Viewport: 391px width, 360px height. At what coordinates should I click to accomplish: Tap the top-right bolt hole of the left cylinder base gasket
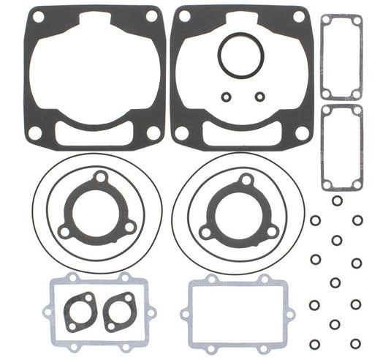[x=151, y=16]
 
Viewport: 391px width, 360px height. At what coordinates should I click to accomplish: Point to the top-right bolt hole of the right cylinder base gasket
[x=298, y=16]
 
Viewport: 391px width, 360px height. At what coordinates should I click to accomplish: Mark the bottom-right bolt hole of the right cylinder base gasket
[x=302, y=132]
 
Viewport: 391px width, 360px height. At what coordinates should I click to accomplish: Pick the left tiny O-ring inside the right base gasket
[x=226, y=95]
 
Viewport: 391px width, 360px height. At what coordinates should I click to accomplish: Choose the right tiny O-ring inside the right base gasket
[x=259, y=95]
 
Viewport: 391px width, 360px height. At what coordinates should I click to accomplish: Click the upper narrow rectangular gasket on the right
[x=341, y=57]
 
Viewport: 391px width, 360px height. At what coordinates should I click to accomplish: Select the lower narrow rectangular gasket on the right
[x=341, y=146]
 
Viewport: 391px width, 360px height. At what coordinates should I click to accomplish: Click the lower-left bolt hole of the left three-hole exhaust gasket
[x=66, y=230]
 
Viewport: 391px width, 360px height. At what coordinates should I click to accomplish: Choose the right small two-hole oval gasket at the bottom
[x=118, y=310]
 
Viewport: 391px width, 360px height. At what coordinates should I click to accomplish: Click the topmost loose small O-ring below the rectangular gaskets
[x=336, y=200]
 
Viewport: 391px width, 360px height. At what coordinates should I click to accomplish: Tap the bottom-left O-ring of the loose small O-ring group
[x=314, y=344]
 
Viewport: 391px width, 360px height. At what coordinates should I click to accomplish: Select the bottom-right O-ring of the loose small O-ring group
[x=356, y=343]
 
